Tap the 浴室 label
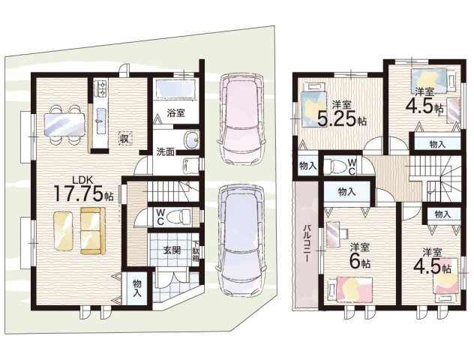point(175,113)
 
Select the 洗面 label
point(165,151)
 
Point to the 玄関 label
point(172,250)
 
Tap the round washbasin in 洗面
point(191,140)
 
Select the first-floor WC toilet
point(181,217)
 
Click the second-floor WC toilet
point(335,166)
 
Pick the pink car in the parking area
point(241,118)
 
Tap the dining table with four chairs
point(64,124)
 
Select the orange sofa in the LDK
point(93,231)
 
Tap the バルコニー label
point(307,243)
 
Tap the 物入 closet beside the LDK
point(137,289)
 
